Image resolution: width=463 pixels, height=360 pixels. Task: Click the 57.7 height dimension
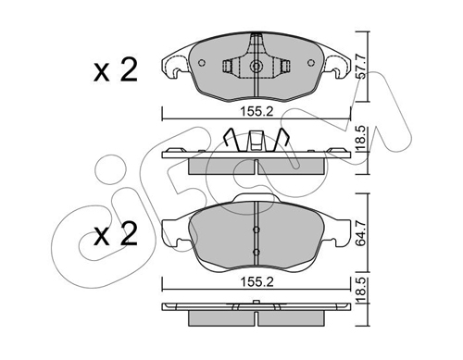point(361,67)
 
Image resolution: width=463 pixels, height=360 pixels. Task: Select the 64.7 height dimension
point(361,233)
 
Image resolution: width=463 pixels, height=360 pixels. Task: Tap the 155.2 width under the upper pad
point(257,111)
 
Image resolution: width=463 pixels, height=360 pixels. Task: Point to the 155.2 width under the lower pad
point(257,282)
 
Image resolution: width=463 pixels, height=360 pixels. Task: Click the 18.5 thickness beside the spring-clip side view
point(361,138)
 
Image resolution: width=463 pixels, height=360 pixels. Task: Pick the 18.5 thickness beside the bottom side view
point(361,290)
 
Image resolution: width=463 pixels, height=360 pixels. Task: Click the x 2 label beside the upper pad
point(116,70)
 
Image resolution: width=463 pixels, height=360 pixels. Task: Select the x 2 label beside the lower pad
point(116,234)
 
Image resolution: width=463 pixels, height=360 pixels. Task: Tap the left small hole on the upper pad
point(202,63)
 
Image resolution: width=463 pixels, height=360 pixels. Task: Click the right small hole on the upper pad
point(311,63)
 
